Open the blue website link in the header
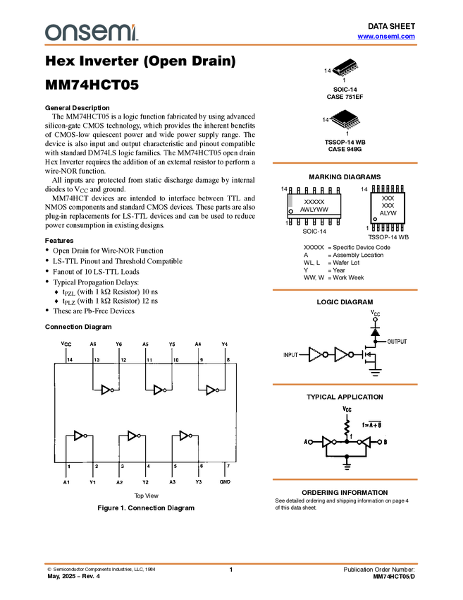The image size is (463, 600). (x=386, y=37)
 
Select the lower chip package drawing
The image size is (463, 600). (x=347, y=122)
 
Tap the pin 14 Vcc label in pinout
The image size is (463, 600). (x=66, y=344)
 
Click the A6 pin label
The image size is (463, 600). (x=93, y=344)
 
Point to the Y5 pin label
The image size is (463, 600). (x=172, y=344)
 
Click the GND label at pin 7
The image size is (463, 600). (x=225, y=482)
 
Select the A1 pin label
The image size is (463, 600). (x=66, y=482)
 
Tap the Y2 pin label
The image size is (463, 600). (x=145, y=482)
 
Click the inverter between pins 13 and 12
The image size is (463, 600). (x=107, y=390)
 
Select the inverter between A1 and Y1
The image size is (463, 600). (x=80, y=436)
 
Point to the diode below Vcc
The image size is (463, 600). (x=375, y=330)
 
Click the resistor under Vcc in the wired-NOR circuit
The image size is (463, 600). (x=347, y=428)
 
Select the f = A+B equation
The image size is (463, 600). (x=371, y=424)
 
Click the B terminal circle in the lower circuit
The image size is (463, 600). (x=378, y=443)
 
